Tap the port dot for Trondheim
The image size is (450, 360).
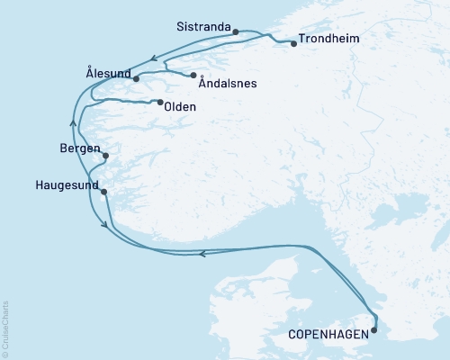click(x=293, y=43)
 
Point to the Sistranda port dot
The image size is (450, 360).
click(x=236, y=32)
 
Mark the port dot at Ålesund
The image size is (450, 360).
click(x=136, y=79)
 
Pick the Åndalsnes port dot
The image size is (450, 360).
click(x=193, y=75)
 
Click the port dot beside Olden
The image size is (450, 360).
click(x=160, y=103)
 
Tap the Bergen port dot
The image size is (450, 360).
click(x=106, y=156)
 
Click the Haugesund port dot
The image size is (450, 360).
click(x=104, y=192)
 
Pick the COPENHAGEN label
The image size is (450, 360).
click(x=328, y=334)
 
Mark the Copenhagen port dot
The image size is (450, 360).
click(x=374, y=330)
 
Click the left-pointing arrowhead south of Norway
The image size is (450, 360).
click(x=202, y=254)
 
